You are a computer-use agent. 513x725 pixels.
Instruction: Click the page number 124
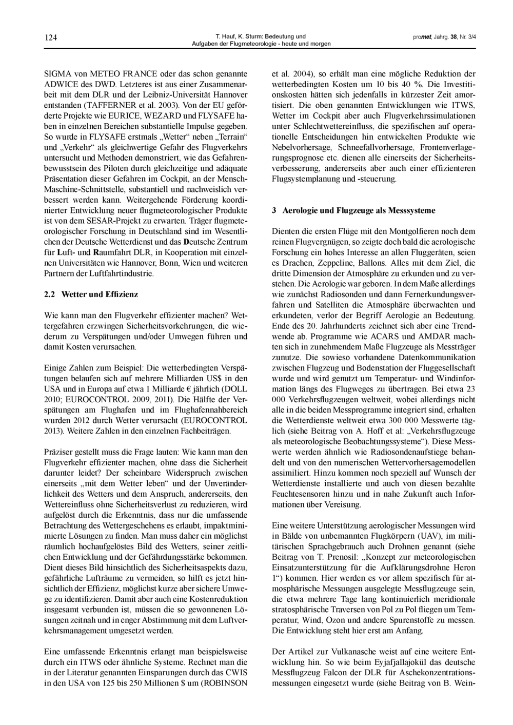51,37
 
